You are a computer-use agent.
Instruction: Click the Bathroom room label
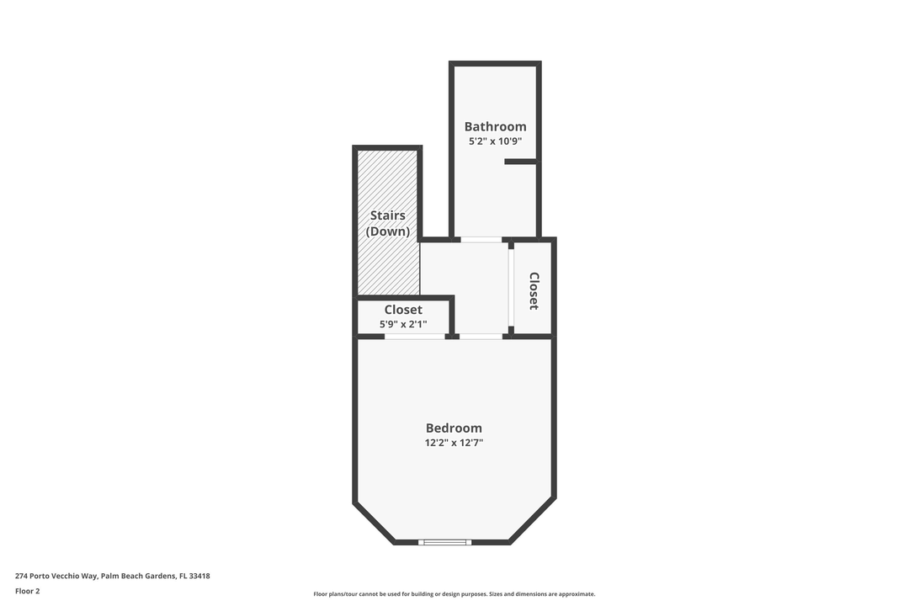pos(495,126)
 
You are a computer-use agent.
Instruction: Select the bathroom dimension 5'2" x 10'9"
pos(495,141)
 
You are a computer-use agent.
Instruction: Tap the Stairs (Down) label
pos(387,223)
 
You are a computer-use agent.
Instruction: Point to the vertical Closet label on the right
pos(534,290)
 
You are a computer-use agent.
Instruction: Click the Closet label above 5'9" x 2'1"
pos(403,309)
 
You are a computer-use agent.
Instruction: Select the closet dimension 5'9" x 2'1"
pos(405,323)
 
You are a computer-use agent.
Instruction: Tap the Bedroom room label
pos(454,428)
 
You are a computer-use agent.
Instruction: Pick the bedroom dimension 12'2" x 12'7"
pos(454,443)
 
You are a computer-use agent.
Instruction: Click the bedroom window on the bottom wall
pos(445,542)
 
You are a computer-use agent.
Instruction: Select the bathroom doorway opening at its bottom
pos(481,240)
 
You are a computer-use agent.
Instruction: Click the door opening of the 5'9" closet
pos(415,337)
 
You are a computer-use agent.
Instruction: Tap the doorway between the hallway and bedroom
pos(481,337)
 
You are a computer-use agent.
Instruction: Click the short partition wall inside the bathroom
pos(520,162)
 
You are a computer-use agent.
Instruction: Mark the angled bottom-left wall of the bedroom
pos(375,523)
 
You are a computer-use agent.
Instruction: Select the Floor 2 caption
pos(27,591)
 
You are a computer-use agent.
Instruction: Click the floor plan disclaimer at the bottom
pos(454,594)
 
